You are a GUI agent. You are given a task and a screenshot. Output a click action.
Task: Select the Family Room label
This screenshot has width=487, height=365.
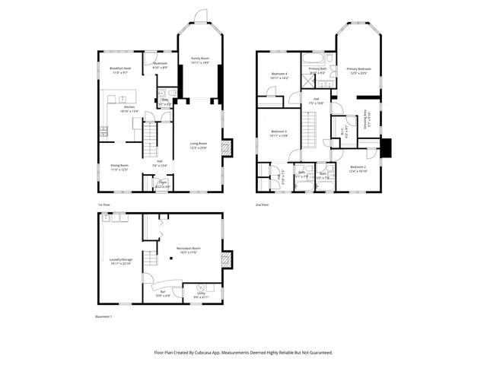(200, 60)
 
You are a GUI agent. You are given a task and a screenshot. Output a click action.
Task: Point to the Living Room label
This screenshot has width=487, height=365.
(199, 144)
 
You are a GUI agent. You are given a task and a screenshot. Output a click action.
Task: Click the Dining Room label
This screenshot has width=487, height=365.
(119, 167)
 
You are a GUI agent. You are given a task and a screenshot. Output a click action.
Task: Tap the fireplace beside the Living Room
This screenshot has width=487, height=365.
(225, 148)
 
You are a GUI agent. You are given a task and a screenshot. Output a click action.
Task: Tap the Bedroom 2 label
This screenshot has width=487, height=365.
(358, 169)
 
